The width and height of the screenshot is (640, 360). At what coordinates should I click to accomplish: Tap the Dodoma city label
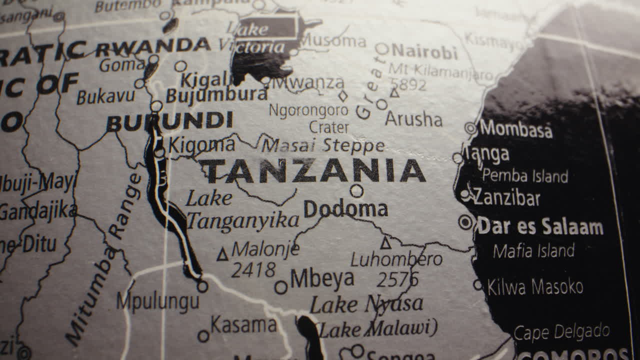(x=345, y=209)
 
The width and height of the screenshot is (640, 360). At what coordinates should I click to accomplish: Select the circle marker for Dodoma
(x=356, y=190)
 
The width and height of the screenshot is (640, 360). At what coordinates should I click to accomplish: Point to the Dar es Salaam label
(x=540, y=226)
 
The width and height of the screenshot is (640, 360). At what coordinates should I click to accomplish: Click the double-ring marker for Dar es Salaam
(x=466, y=222)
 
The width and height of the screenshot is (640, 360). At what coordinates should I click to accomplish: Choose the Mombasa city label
(x=516, y=129)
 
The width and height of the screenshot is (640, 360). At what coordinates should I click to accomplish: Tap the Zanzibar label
(x=506, y=197)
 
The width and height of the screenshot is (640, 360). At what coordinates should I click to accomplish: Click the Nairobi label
(x=424, y=51)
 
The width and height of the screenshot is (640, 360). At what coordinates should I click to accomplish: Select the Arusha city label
(x=413, y=119)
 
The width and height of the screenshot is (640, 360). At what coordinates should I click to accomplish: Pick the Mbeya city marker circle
(x=281, y=287)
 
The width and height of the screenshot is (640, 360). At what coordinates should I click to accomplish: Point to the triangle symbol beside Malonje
(x=222, y=254)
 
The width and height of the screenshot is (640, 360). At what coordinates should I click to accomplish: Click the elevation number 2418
(x=253, y=270)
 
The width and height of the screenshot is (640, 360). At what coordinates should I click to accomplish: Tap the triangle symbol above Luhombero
(x=385, y=243)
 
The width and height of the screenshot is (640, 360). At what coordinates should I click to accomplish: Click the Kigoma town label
(x=201, y=145)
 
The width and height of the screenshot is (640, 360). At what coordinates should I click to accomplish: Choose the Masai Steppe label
(x=323, y=145)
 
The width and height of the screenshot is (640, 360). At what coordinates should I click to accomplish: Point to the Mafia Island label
(x=533, y=250)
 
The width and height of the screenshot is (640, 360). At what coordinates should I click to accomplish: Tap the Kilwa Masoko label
(x=535, y=287)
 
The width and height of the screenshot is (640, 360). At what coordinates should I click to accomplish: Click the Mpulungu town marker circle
(x=202, y=286)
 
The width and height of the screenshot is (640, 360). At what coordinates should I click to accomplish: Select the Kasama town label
(x=243, y=325)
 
